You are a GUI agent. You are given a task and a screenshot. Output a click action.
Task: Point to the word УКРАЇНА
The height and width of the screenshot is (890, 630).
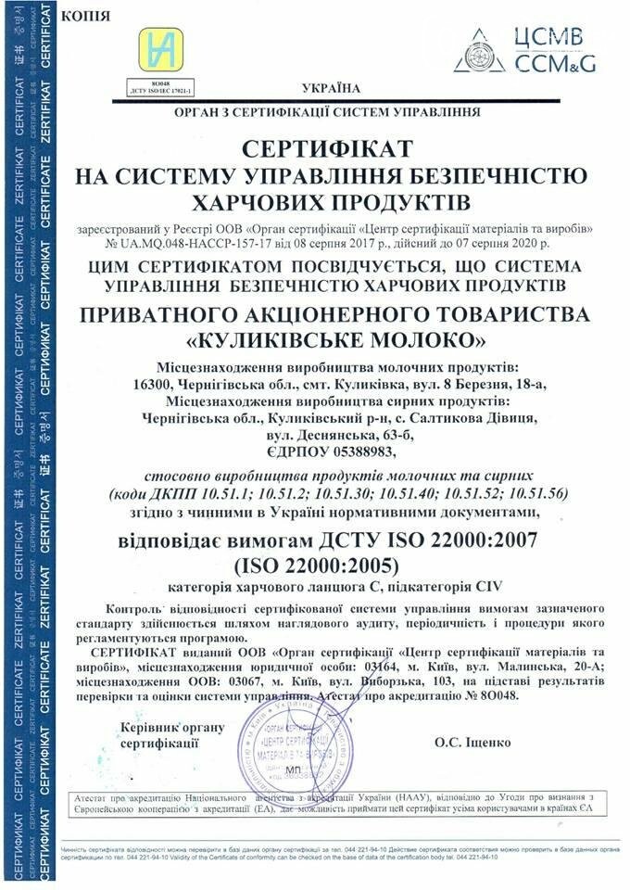(332, 89)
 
